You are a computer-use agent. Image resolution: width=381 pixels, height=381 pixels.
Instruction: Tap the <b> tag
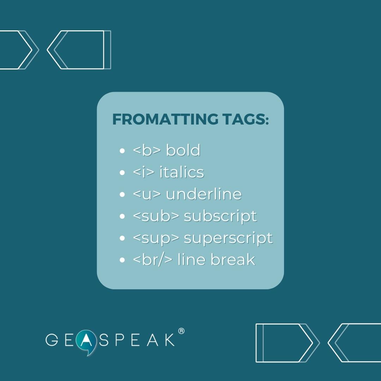[147, 151]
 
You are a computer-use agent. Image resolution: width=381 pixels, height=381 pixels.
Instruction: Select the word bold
[183, 150]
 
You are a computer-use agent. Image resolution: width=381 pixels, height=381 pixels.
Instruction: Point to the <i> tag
[144, 173]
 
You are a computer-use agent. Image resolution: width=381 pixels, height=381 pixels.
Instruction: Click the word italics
[182, 172]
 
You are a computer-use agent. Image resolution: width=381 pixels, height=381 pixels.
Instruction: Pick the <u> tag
[147, 194]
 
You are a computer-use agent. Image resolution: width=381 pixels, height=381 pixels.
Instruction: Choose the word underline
[204, 194]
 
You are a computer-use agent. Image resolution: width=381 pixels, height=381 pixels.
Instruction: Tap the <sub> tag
[156, 216]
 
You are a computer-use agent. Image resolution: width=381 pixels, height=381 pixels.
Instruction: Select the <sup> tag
[156, 238]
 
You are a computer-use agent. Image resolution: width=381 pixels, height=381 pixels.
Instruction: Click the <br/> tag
[153, 260]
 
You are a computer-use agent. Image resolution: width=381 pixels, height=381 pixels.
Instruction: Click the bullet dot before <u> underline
[122, 195]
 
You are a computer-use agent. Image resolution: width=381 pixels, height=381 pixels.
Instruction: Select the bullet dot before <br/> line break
[122, 260]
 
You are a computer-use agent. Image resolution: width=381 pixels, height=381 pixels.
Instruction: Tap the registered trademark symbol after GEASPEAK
[181, 331]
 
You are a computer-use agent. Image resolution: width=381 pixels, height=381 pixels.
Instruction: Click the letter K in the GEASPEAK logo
[170, 340]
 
